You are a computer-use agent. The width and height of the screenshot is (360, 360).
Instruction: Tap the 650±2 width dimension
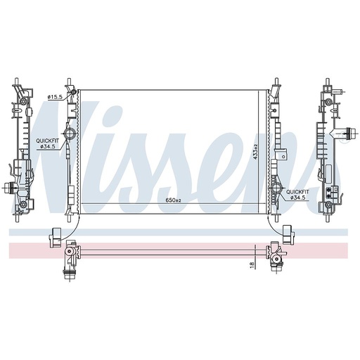172,201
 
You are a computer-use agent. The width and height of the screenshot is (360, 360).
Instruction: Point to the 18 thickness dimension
252,264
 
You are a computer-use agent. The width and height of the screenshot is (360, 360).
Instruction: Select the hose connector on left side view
9,188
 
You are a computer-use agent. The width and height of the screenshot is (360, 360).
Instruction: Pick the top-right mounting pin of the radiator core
274,82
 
